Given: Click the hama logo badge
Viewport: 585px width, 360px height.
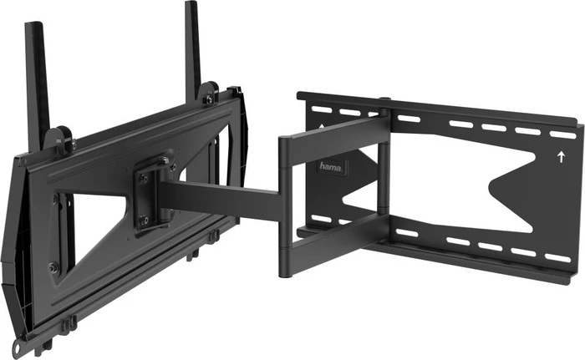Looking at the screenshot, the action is click(331, 167).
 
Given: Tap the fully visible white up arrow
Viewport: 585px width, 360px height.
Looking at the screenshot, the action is click(561, 157).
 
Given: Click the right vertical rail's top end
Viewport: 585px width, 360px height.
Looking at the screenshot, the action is click(191, 3).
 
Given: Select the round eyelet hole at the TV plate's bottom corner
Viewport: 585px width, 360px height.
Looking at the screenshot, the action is click(18, 346).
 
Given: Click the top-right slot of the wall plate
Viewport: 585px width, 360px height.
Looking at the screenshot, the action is click(562, 134).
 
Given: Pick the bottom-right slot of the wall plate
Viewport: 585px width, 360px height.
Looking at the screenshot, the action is click(557, 258).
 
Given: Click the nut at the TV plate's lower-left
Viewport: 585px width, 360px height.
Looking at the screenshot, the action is click(53, 267).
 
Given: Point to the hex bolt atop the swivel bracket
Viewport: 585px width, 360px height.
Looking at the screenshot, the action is click(164, 160).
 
